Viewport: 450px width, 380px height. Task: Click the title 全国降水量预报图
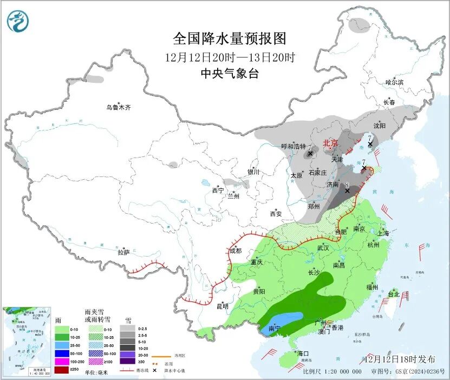[229, 39]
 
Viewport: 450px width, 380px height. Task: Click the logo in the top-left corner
[18, 21]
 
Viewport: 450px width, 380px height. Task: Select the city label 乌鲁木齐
[118, 108]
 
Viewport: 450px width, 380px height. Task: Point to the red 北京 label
[330, 143]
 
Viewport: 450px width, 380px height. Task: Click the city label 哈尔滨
[394, 82]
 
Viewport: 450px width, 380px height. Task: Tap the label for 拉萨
[123, 252]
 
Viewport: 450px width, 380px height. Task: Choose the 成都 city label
[235, 251]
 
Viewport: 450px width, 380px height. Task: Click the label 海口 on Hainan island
[303, 353]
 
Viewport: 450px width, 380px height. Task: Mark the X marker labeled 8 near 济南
[347, 191]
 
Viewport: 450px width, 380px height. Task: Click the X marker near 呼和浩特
[310, 154]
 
